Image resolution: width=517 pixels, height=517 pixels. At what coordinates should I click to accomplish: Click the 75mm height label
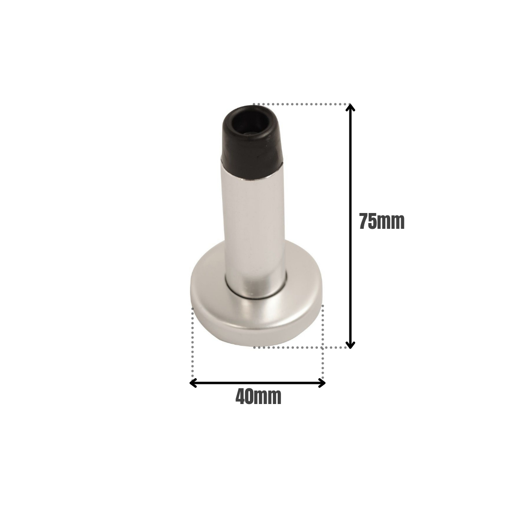(x=382, y=222)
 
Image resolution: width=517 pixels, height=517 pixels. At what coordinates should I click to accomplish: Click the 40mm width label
(x=258, y=397)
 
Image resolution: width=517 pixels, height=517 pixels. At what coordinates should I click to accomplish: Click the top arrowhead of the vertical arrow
(x=350, y=108)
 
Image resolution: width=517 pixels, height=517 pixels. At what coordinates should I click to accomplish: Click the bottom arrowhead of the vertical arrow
(x=350, y=344)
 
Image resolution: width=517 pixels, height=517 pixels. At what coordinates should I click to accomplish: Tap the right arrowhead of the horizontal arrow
(x=322, y=383)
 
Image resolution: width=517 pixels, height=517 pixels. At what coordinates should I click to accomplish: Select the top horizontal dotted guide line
(x=302, y=104)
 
